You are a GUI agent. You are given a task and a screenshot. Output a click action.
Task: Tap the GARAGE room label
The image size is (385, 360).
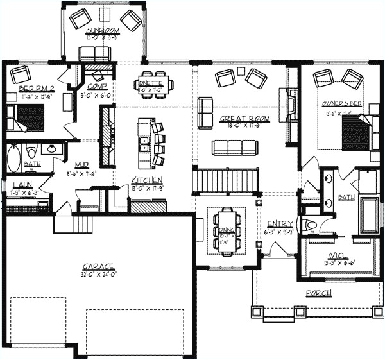pyautogui.click(x=98, y=265)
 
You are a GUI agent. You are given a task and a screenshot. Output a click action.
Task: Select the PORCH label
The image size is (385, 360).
pyautogui.click(x=318, y=293)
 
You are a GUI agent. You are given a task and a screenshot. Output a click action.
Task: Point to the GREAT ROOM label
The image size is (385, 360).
pyautogui.click(x=244, y=119)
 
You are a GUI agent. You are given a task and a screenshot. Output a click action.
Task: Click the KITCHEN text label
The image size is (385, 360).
pyautogui.click(x=147, y=180)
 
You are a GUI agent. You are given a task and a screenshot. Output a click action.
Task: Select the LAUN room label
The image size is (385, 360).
pyautogui.click(x=21, y=185)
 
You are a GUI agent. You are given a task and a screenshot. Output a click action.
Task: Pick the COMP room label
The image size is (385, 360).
pyautogui.click(x=98, y=86)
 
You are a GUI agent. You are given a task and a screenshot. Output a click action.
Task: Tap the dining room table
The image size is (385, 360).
pyautogui.click(x=226, y=230)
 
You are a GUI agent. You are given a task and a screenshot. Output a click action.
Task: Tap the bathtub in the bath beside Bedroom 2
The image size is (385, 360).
pyautogui.click(x=15, y=156)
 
